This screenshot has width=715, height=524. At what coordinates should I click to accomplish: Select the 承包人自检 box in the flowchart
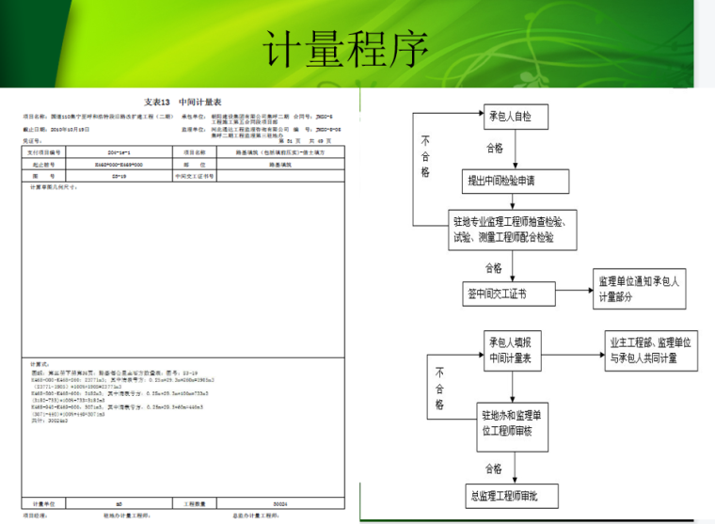[x=509, y=117]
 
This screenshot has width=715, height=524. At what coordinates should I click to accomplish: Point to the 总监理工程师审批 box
[x=509, y=495]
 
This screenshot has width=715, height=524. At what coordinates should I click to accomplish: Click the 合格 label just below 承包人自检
[x=493, y=148]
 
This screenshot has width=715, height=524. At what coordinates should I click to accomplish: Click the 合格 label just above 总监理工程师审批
[x=493, y=468]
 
